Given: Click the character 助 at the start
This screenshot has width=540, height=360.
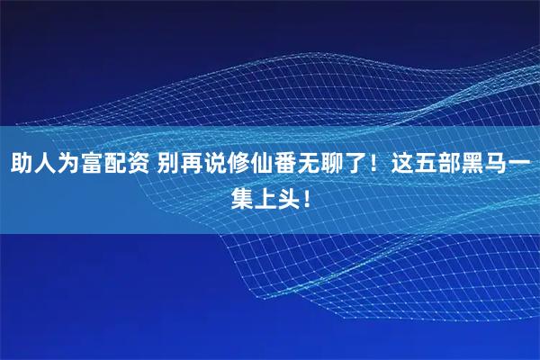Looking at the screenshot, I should tap(22, 166).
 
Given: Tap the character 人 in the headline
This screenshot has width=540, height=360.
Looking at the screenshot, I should tap(45, 166).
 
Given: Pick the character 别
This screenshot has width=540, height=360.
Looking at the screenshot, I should tap(168, 166).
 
